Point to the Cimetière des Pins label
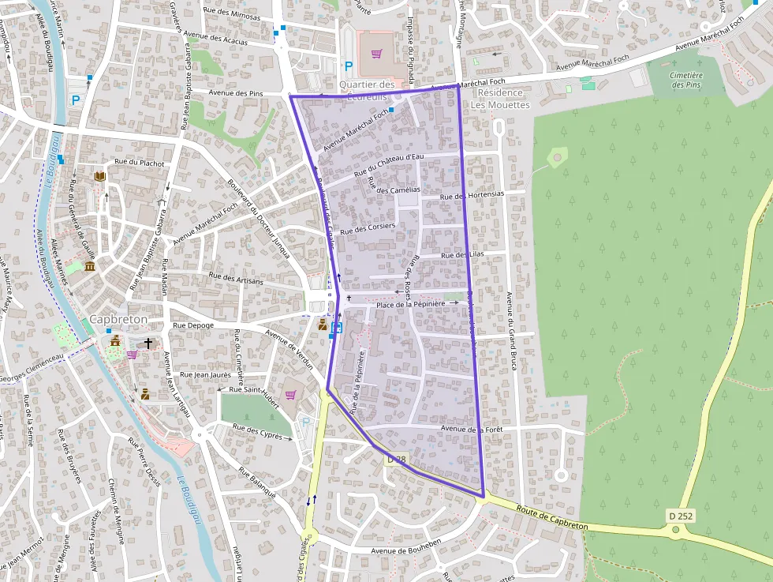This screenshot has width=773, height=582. tap(685, 80)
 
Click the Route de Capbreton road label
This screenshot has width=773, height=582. tap(553, 519)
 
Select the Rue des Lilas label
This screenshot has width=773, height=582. tap(462, 254)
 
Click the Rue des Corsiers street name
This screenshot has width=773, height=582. tap(368, 229)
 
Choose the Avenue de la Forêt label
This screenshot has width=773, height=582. tap(472, 429)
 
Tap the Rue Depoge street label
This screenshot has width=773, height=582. tap(193, 325)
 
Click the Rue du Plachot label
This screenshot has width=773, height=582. tap(140, 163)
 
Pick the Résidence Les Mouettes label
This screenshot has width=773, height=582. tap(500, 99)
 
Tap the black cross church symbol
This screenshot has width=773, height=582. tap(148, 344)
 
